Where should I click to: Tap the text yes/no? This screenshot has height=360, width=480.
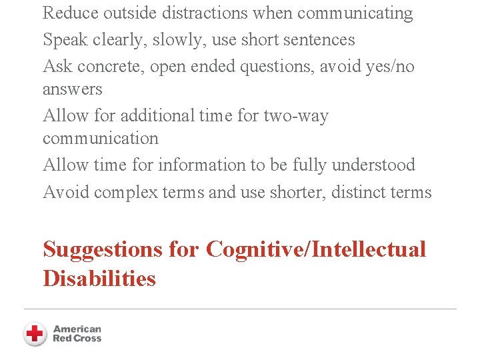[390, 67]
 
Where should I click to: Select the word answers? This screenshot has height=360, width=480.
[73, 89]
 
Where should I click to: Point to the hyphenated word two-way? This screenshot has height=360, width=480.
[297, 116]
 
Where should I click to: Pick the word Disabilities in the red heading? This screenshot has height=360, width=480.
[99, 278]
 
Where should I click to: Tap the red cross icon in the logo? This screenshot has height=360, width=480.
[35, 333]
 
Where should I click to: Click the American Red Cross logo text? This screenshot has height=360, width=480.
[77, 333]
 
